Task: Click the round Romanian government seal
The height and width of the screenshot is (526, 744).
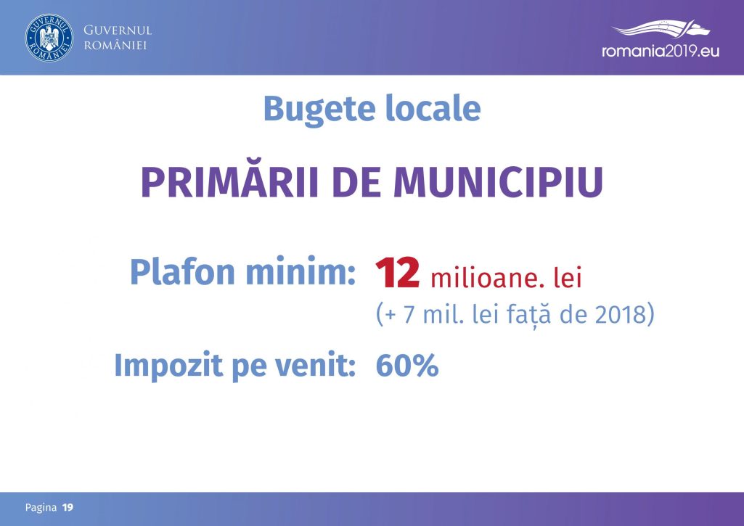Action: (x=49, y=38)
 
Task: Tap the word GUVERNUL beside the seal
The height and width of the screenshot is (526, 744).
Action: (x=118, y=30)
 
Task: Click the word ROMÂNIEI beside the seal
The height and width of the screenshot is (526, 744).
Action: (x=115, y=46)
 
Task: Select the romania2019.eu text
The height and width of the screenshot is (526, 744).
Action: (x=661, y=51)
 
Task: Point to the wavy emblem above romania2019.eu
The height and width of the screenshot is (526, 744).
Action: (x=661, y=28)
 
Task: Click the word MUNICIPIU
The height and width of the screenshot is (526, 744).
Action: (x=498, y=181)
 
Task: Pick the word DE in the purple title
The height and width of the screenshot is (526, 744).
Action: (x=356, y=181)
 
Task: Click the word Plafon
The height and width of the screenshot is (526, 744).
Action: (x=183, y=272)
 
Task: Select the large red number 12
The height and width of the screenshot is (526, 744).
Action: (x=398, y=274)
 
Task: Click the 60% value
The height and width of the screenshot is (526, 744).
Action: (x=407, y=366)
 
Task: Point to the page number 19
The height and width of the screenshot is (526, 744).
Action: (x=68, y=508)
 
